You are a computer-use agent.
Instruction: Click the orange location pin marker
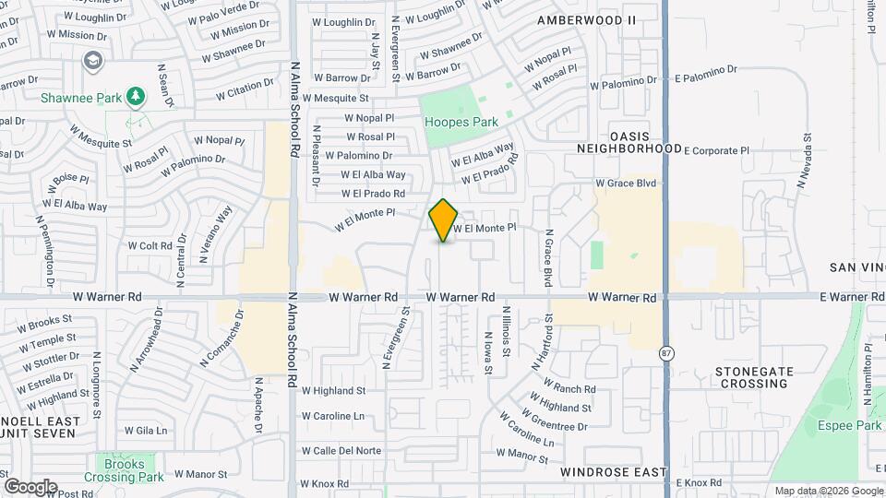(444, 220)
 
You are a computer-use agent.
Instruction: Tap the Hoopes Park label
(461, 122)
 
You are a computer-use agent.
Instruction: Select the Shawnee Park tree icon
(136, 95)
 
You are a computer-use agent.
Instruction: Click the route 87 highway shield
(666, 353)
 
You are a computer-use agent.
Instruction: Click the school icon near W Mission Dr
(92, 61)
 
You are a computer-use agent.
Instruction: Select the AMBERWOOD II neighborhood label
(587, 19)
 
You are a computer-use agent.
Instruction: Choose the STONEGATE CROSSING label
(754, 377)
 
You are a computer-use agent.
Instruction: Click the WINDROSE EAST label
(613, 472)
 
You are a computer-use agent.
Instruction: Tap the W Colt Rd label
(149, 246)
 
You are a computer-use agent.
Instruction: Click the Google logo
(30, 486)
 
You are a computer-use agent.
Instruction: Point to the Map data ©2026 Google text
(828, 491)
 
